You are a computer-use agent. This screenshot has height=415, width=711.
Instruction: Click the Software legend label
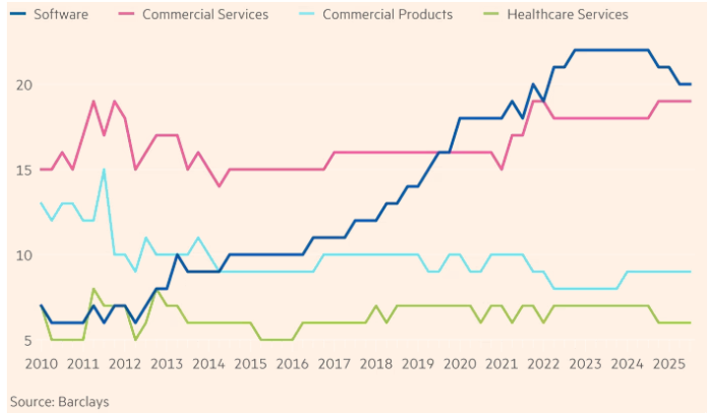pos(61,15)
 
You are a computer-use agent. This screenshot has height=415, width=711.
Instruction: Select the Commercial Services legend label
pos(205,15)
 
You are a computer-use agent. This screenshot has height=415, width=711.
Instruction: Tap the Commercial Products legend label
pos(387,15)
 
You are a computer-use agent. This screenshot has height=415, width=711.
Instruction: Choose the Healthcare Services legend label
pos(566,15)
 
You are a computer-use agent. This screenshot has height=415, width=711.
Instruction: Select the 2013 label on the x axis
pos(166,365)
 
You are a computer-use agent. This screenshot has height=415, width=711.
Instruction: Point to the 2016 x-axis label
pos(291,365)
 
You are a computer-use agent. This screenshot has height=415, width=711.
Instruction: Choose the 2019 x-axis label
pos(417,365)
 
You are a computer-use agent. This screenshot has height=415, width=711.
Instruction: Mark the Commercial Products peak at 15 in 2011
pos(103,170)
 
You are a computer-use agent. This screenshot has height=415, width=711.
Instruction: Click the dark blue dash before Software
pos(17,15)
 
